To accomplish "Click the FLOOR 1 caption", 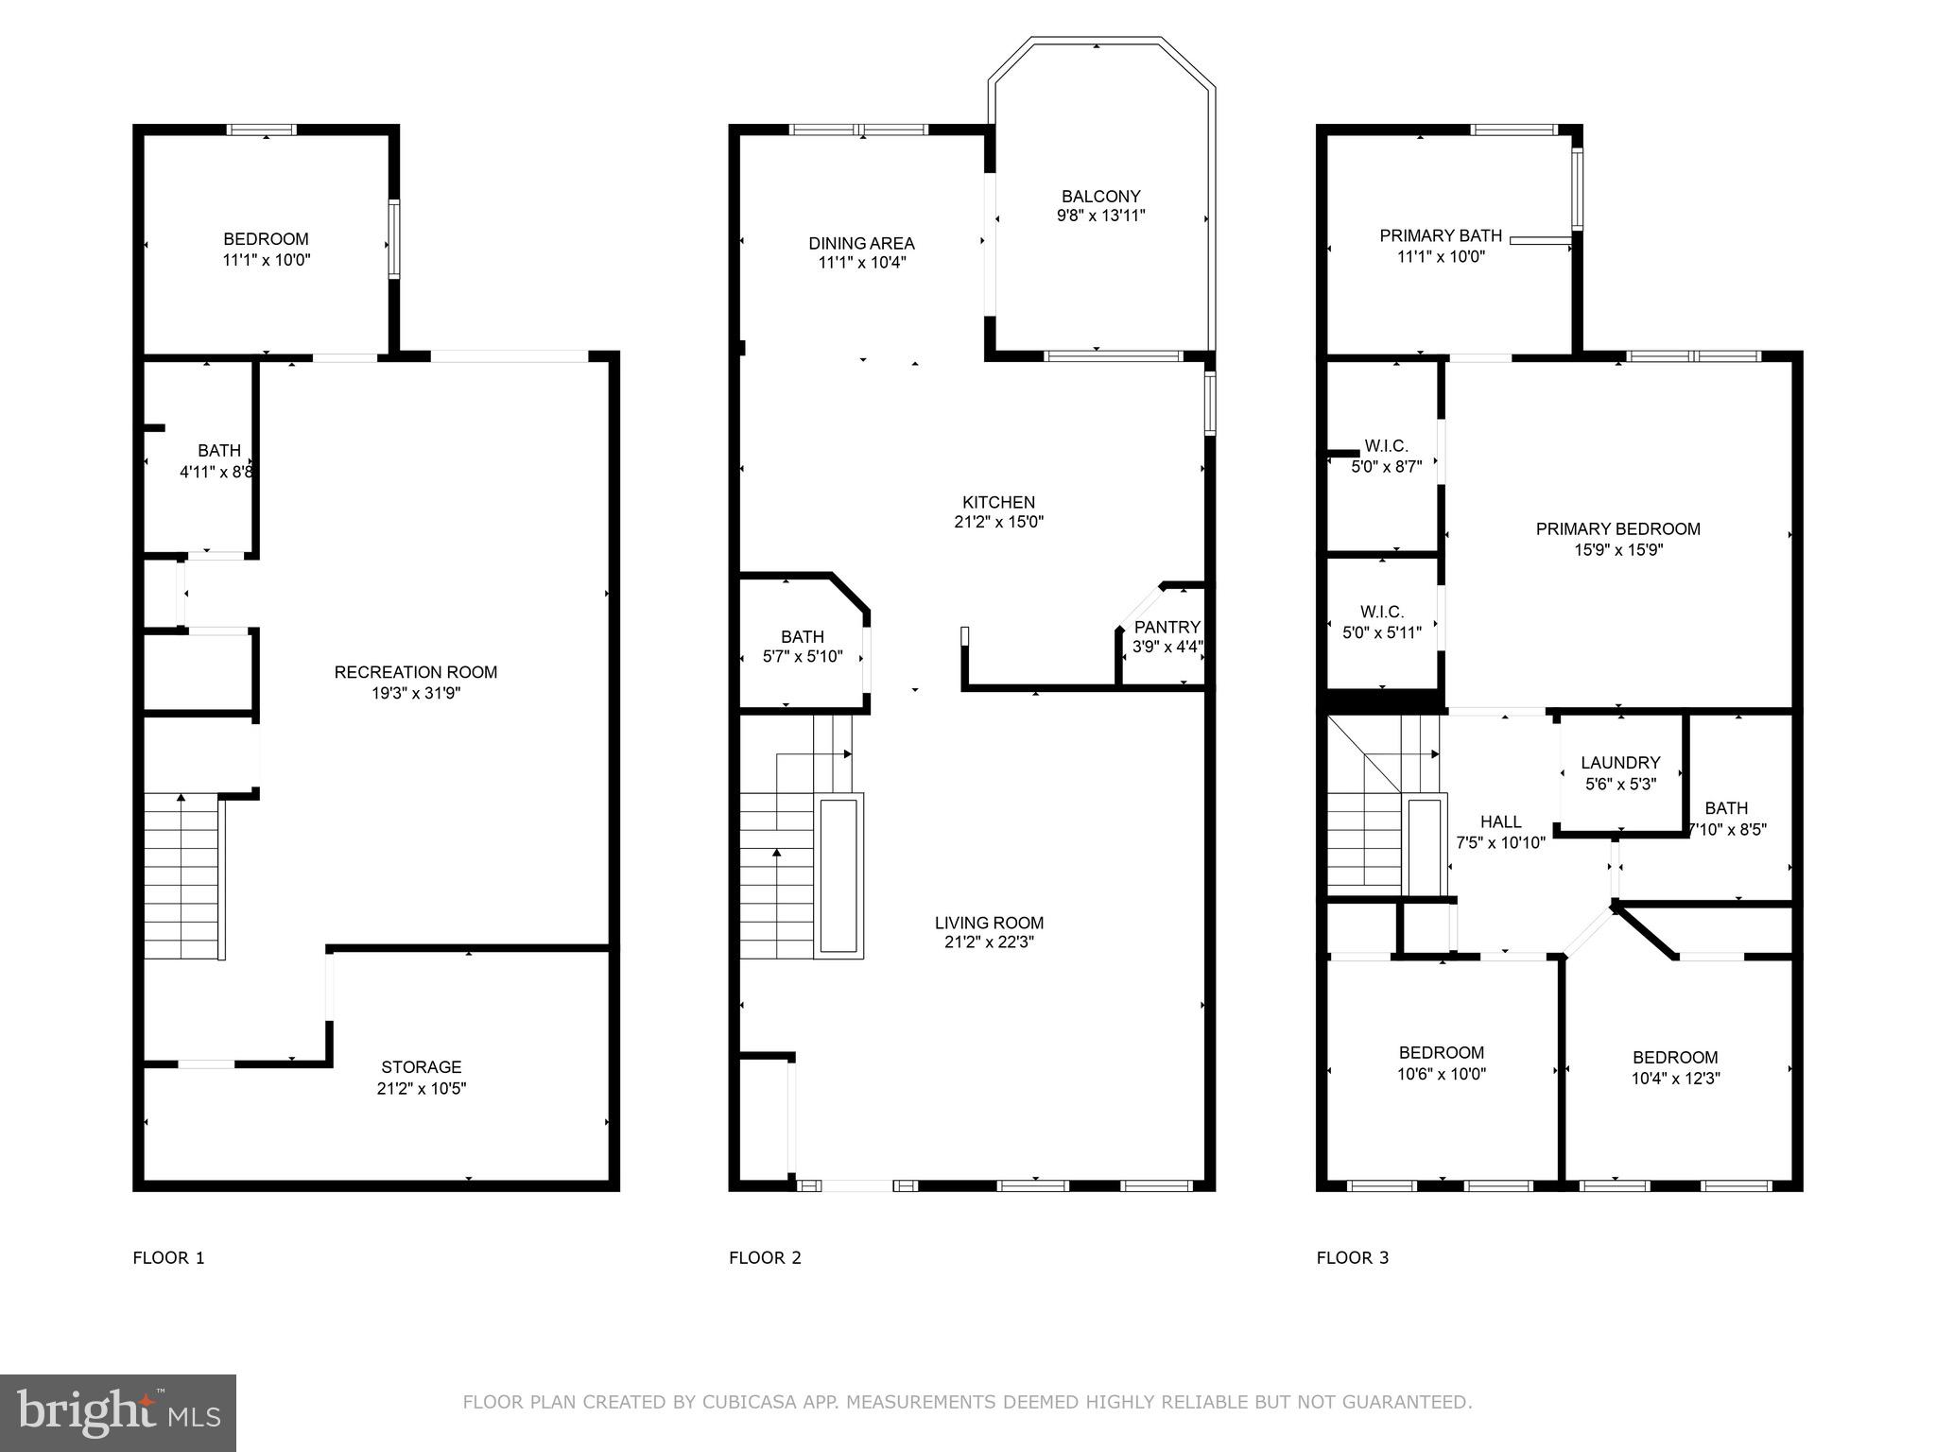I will pyautogui.click(x=168, y=1257).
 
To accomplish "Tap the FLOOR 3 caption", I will pyautogui.click(x=1353, y=1257).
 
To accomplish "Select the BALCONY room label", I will pyautogui.click(x=1100, y=197).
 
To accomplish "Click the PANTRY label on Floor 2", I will pyautogui.click(x=1167, y=627).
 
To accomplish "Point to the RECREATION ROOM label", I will pyautogui.click(x=415, y=672).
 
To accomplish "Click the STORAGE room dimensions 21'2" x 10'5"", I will pyautogui.click(x=422, y=1088).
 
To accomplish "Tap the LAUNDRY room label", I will pyautogui.click(x=1620, y=763).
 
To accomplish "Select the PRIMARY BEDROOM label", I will pyautogui.click(x=1617, y=529).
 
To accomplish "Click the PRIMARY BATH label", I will pyautogui.click(x=1441, y=235).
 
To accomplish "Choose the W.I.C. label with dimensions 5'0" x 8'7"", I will pyautogui.click(x=1386, y=446).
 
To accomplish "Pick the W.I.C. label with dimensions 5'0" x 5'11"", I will pyautogui.click(x=1382, y=613).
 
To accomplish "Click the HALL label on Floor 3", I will pyautogui.click(x=1500, y=822).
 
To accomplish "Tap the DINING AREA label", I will pyautogui.click(x=861, y=244).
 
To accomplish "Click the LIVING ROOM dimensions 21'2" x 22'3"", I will pyautogui.click(x=989, y=942).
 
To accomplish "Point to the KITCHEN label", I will pyautogui.click(x=998, y=503).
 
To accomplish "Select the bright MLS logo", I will pyautogui.click(x=118, y=1412).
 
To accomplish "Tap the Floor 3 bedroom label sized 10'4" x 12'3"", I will pyautogui.click(x=1675, y=1058).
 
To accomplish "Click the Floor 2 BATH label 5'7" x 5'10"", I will pyautogui.click(x=802, y=637).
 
